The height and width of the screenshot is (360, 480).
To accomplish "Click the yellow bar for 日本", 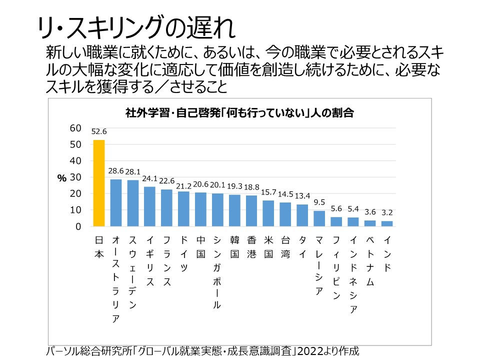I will point(99,183).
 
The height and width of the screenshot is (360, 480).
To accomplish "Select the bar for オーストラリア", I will point(116,202).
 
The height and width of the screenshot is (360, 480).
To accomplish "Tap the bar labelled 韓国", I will point(234,210).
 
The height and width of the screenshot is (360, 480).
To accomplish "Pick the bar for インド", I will point(387,223).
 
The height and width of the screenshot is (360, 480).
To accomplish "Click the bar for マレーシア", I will point(319,218).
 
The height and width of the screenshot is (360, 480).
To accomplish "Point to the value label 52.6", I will point(99,132).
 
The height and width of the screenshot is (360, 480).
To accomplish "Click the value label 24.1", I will point(150,178).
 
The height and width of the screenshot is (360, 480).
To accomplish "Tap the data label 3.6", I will point(370,212).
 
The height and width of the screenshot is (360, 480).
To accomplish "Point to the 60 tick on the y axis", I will point(75,128).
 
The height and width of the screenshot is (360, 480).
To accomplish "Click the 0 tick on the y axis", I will point(78,227).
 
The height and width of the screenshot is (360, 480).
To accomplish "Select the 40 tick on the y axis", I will point(75,161).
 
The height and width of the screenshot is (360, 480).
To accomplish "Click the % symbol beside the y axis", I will point(62,178).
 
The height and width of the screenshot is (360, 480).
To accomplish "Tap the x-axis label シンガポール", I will point(217,272).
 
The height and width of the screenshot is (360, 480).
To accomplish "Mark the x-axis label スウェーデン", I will point(133,272).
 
